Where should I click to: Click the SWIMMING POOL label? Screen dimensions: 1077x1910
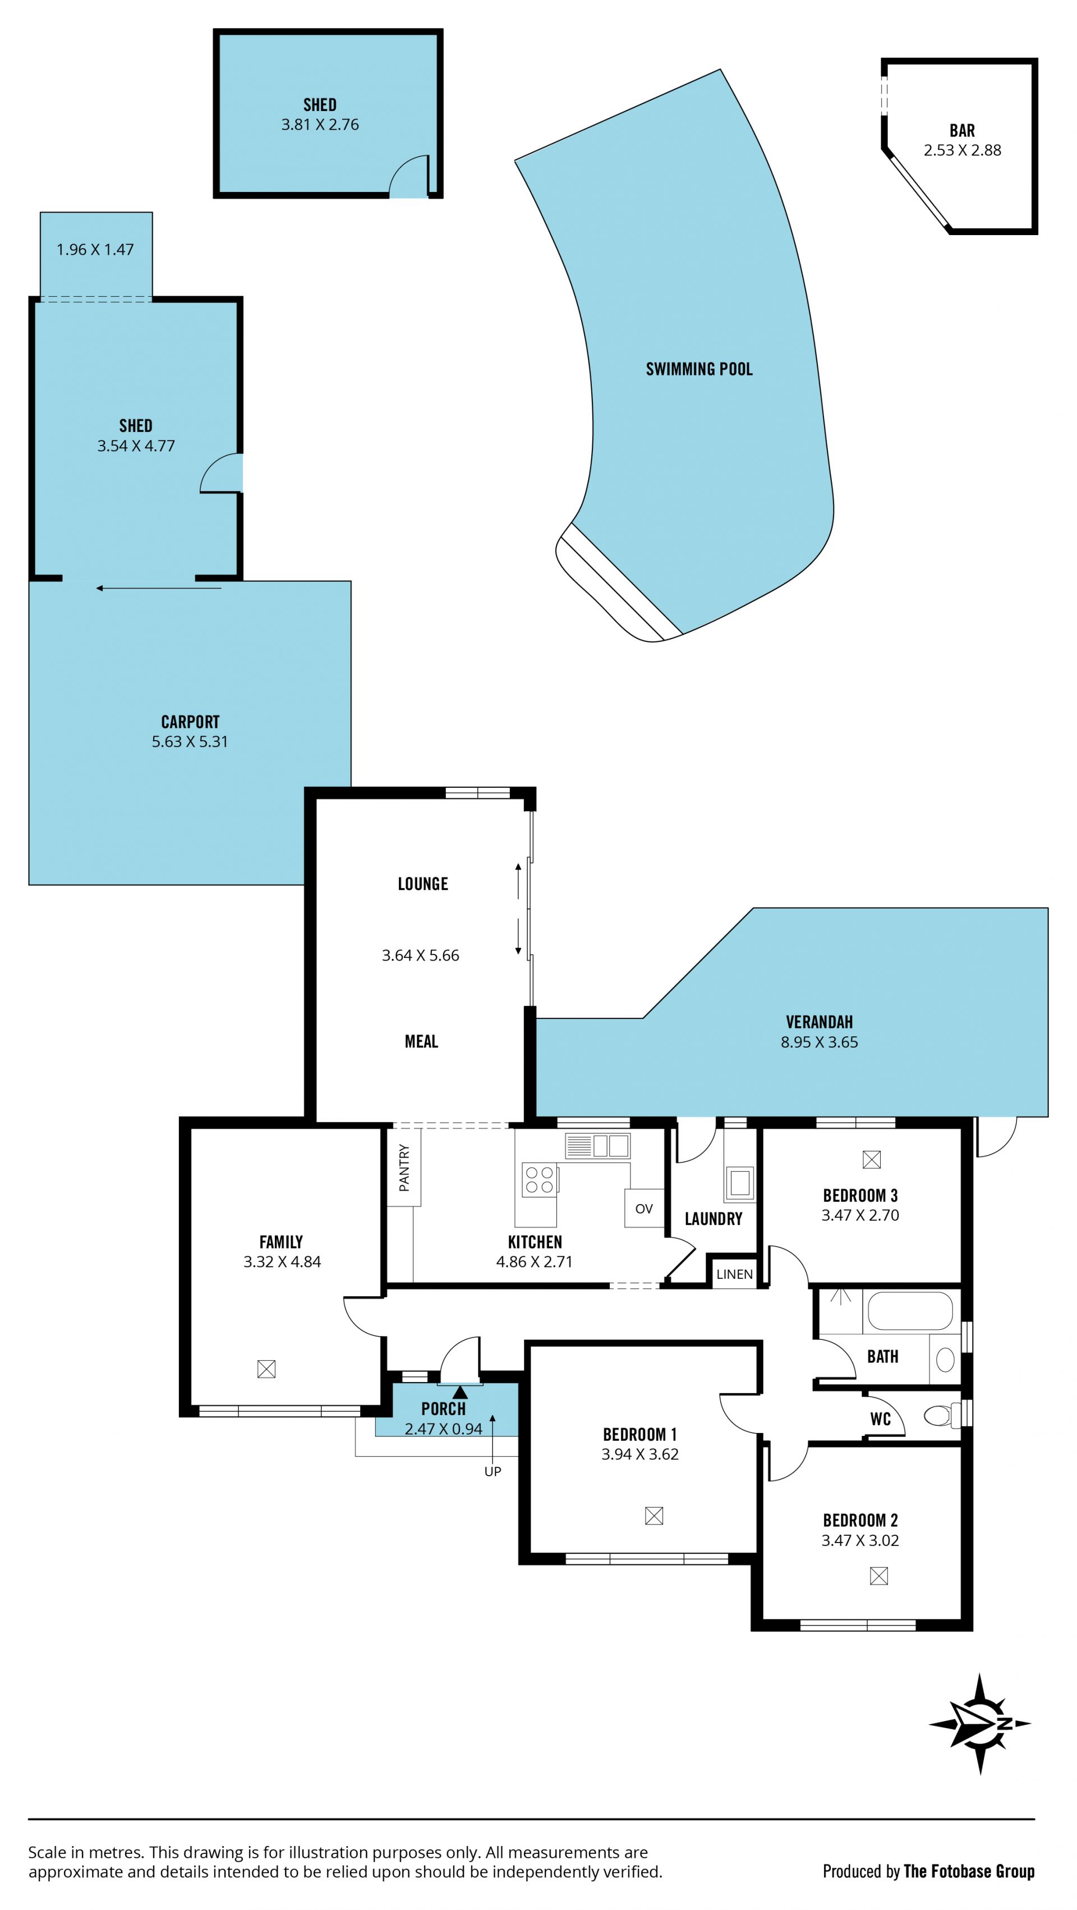click(699, 369)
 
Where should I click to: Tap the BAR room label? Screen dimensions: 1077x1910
click(961, 131)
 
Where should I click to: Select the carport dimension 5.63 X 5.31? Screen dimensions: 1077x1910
click(190, 741)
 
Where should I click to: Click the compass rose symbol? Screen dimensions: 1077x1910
click(980, 1723)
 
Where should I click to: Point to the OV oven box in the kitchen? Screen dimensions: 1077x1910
click(643, 1208)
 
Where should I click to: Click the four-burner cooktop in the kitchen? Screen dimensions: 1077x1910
click(540, 1179)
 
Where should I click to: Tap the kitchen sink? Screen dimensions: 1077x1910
click(597, 1146)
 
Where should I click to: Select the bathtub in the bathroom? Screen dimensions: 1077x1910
click(909, 1311)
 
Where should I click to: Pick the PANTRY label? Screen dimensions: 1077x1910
click(404, 1168)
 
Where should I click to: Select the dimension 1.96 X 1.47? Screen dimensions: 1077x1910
click(95, 250)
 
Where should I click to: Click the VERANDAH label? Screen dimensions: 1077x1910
click(819, 1022)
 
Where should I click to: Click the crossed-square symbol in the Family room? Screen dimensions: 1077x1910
click(266, 1369)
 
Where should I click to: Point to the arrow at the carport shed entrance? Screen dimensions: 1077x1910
click(159, 588)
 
